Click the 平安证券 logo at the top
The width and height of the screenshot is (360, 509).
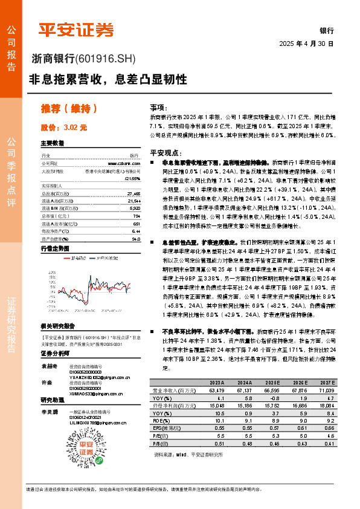pos(76,30)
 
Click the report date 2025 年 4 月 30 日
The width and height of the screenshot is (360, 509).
pos(306,44)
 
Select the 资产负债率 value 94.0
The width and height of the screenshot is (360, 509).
pos(135,239)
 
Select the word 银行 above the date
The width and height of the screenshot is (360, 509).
pos(326,30)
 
